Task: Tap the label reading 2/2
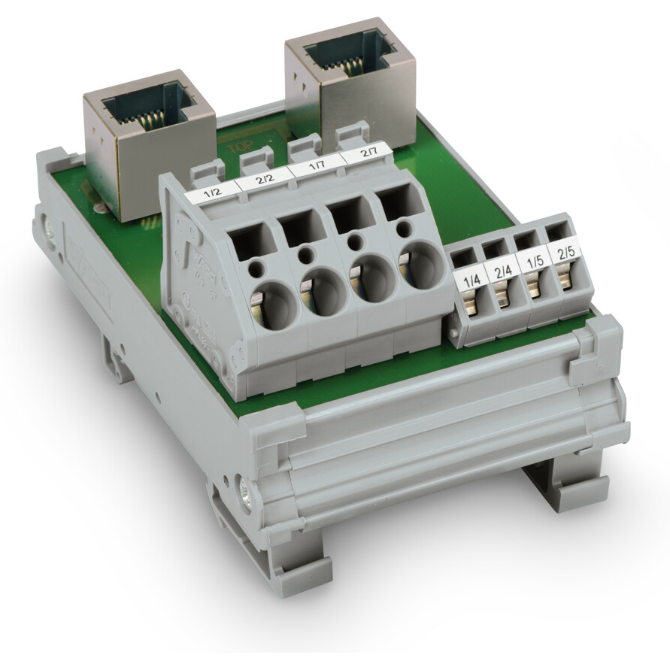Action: tap(264, 180)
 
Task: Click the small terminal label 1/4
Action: tap(472, 282)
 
